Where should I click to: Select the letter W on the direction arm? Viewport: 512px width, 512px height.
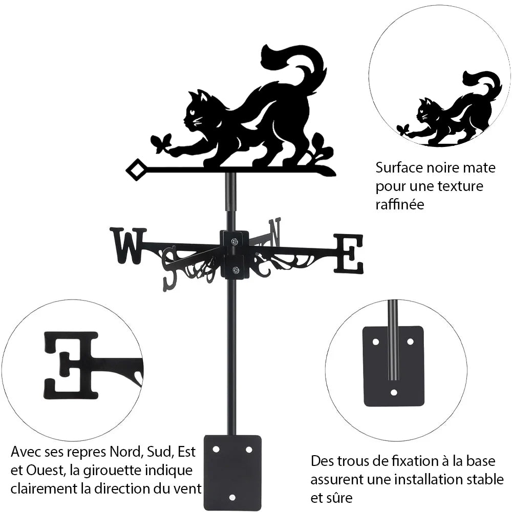point(129,246)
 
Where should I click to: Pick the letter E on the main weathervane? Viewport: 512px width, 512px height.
point(348,254)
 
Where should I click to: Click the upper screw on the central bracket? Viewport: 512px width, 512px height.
point(234,241)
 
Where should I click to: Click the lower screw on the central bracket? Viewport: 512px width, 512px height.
point(235,270)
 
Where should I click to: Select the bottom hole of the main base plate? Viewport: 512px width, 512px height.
point(232,498)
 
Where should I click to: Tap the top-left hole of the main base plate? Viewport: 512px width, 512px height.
point(216,450)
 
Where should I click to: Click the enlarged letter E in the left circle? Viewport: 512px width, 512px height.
point(71,365)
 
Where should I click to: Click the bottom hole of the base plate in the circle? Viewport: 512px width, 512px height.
point(394,392)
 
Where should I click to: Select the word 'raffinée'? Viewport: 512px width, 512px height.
point(400,204)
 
